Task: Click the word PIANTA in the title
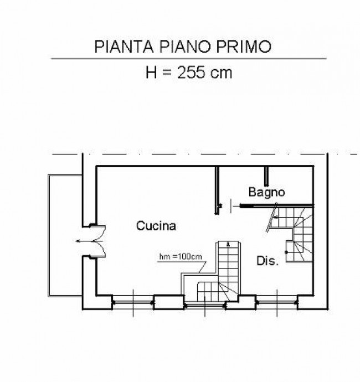tap(124, 47)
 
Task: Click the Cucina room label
tap(156, 226)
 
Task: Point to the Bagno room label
tap(266, 193)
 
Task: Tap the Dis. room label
tap(268, 261)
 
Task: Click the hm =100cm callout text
tap(181, 256)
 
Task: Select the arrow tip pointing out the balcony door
tap(76, 241)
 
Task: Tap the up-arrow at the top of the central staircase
tap(228, 244)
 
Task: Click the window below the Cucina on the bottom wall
tap(133, 302)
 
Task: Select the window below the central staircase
tap(205, 304)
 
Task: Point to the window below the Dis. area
tap(277, 302)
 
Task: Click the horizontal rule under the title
tap(189, 59)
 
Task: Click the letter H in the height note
tap(151, 73)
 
